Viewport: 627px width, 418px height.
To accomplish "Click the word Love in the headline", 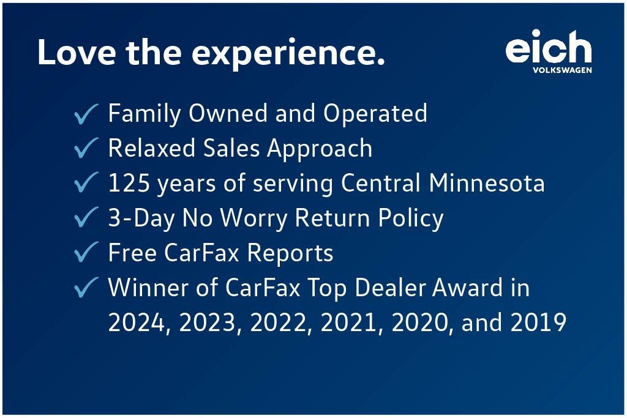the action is click(77, 52).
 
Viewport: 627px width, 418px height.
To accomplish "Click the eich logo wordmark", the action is click(549, 47).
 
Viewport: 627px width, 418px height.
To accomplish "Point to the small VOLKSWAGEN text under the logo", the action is click(562, 70).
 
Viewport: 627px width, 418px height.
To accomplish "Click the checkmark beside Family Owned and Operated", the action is click(86, 114).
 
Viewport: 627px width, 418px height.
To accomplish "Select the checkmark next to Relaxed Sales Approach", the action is click(86, 148).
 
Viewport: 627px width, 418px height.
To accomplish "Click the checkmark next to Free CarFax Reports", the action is click(86, 252).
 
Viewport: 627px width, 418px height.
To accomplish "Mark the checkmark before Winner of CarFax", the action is click(86, 287).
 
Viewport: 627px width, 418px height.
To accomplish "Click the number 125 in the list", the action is click(129, 183).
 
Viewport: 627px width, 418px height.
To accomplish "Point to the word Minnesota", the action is click(486, 183).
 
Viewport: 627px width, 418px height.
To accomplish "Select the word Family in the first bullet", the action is click(145, 114).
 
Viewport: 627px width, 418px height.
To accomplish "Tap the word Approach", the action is click(320, 149).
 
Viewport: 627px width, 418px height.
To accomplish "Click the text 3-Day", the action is click(141, 218).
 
